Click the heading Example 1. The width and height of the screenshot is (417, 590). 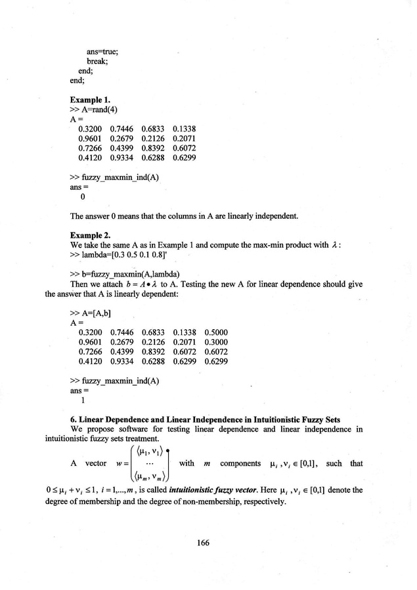tap(90, 100)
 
